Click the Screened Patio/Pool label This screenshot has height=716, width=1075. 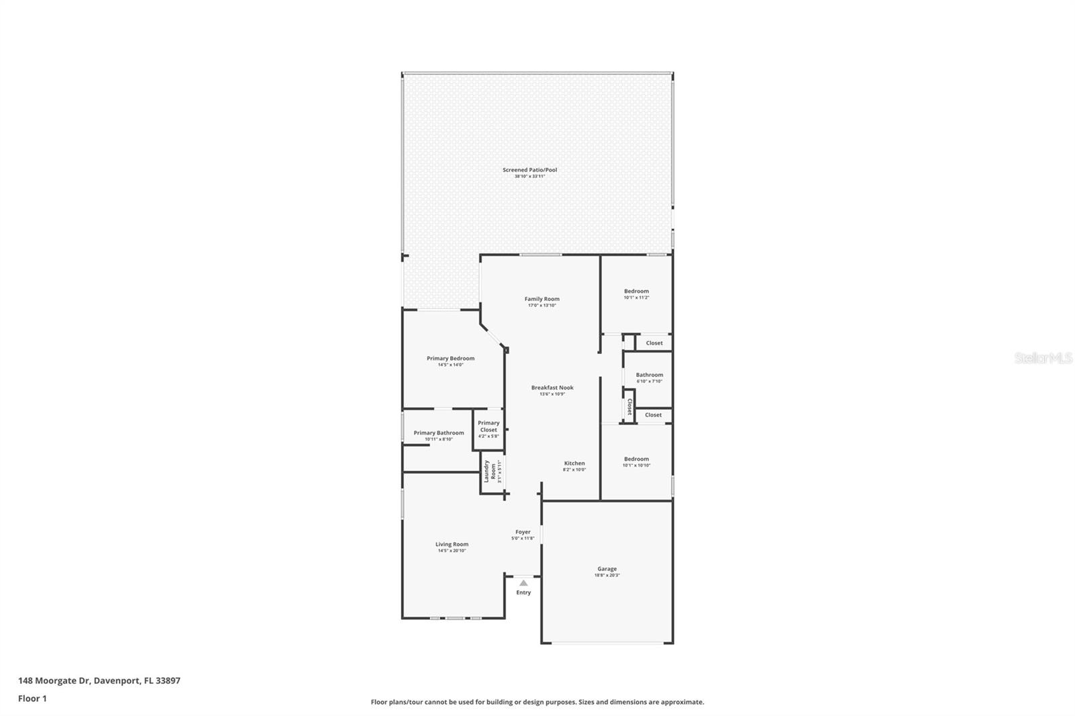[x=529, y=170]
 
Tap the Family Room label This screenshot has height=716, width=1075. [x=542, y=300]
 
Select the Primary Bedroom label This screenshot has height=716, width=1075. [x=450, y=359]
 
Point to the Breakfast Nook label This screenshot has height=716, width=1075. [x=552, y=388]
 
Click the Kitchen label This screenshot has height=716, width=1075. [x=574, y=463]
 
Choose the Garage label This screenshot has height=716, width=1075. [x=607, y=570]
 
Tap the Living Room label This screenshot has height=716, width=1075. [x=451, y=545]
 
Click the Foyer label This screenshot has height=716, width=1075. [x=523, y=533]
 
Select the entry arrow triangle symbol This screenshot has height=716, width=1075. [x=523, y=583]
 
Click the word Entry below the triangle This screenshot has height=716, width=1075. [x=523, y=592]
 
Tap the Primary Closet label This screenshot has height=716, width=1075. [x=488, y=427]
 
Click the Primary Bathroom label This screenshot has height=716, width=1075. [x=438, y=433]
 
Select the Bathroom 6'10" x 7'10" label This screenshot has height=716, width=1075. [x=649, y=375]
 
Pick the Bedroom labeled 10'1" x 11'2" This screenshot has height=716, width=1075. [x=636, y=292]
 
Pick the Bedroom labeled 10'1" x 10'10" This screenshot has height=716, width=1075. [x=636, y=459]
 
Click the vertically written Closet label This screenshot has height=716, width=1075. [x=630, y=406]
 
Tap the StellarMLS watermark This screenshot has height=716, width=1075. [x=1043, y=359]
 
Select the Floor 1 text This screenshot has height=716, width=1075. [x=32, y=699]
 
